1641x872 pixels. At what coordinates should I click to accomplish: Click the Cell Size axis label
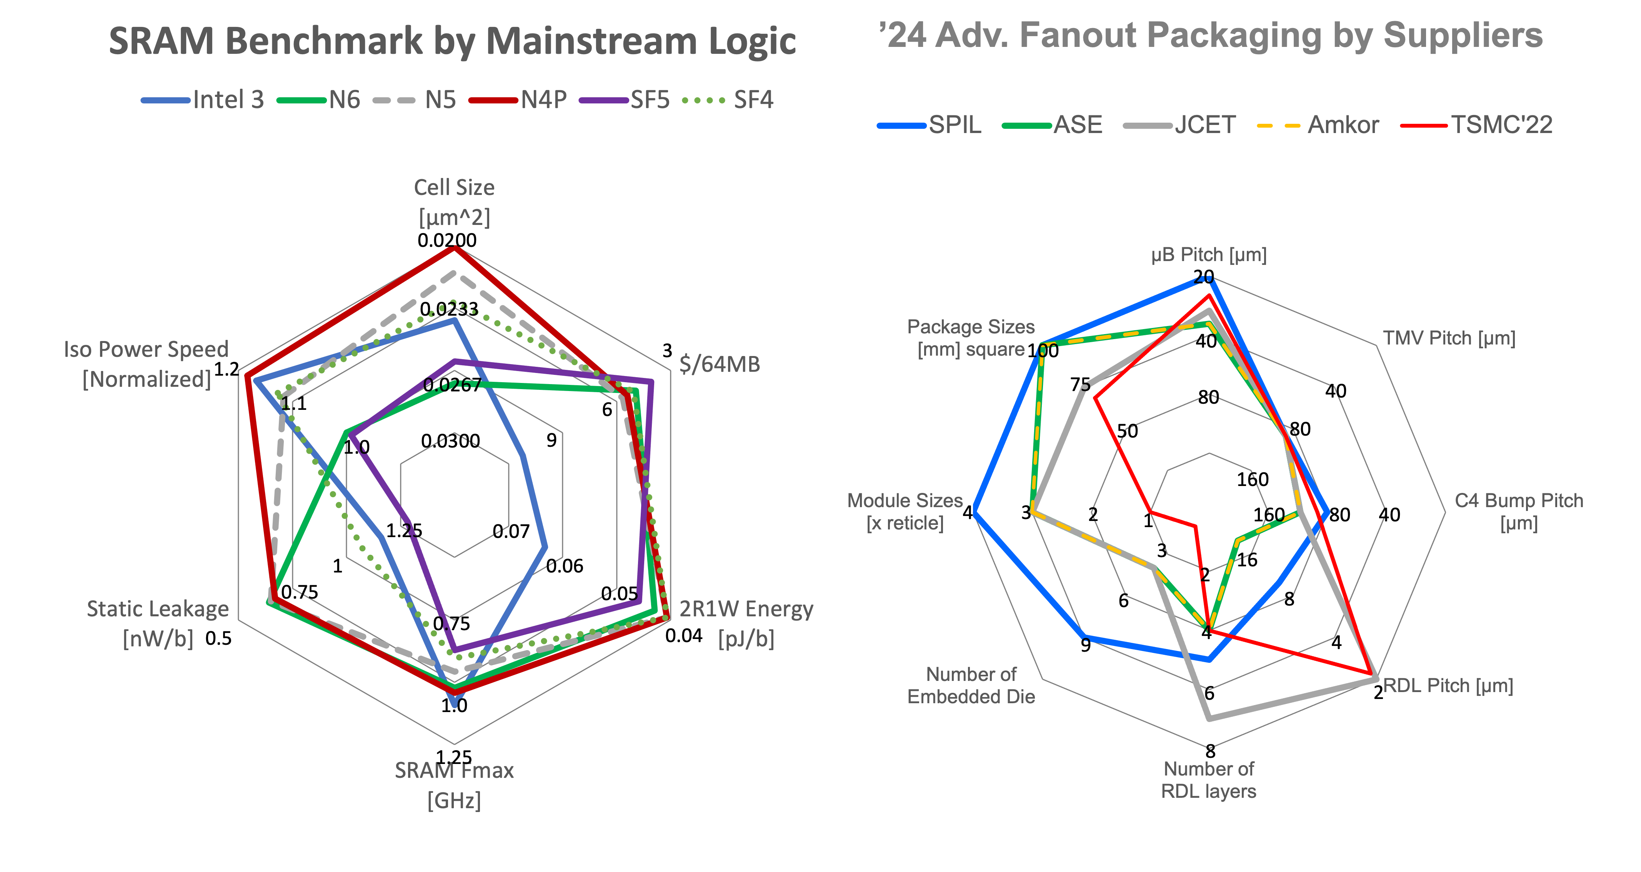tap(454, 202)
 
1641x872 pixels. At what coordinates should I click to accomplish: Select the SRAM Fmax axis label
tap(454, 785)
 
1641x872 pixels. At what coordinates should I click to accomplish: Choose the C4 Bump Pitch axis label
tap(1519, 511)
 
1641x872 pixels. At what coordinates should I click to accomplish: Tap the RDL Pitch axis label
tap(1447, 686)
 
